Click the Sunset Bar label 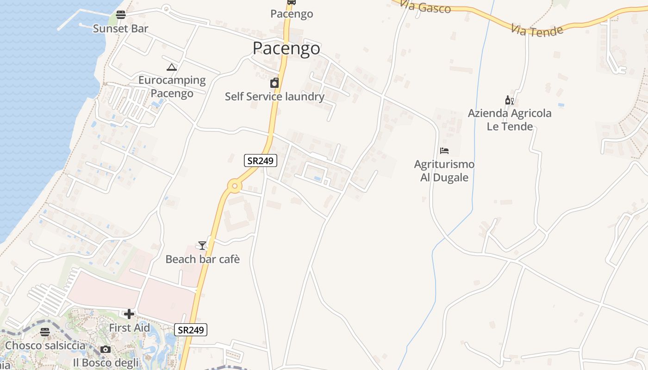point(120,29)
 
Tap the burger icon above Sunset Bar point(121,15)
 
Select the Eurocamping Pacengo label point(172,86)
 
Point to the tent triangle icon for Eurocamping point(172,68)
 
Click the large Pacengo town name point(286,48)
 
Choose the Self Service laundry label point(274,97)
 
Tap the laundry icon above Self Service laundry point(274,83)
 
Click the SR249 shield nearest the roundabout point(261,161)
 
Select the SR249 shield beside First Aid point(191,330)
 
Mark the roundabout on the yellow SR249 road point(235,186)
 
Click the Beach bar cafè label point(203,259)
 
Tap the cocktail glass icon point(202,245)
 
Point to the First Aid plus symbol point(129,314)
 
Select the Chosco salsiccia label point(45,345)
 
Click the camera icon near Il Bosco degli point(106,349)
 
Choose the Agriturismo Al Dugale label point(444,171)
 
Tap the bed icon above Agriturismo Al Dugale point(444,151)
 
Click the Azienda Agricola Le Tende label point(510,120)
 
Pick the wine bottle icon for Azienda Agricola point(509,100)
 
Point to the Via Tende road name point(537,31)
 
